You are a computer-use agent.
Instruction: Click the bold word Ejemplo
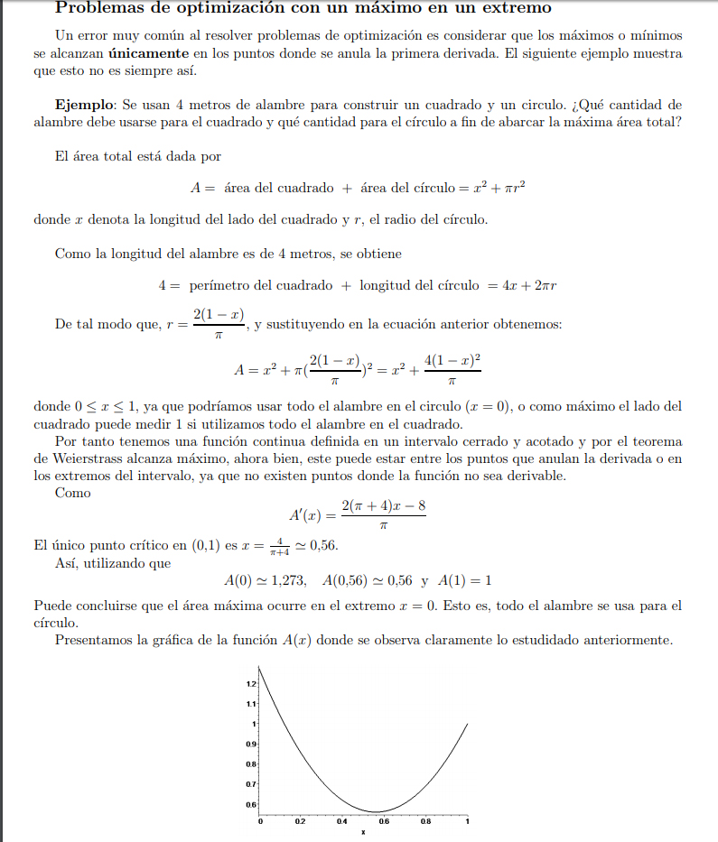(83, 106)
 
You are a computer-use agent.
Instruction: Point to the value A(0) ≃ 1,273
(266, 580)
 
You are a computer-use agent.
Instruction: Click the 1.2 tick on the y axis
(250, 685)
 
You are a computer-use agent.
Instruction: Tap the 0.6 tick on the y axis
(250, 804)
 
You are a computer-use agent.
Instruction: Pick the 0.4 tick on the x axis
(343, 822)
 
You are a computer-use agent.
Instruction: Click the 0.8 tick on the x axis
(426, 822)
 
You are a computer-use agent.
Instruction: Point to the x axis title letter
(363, 832)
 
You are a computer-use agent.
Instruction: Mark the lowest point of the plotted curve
(378, 811)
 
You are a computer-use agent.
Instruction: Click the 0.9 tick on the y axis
(250, 744)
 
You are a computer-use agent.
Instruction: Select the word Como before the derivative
(72, 493)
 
